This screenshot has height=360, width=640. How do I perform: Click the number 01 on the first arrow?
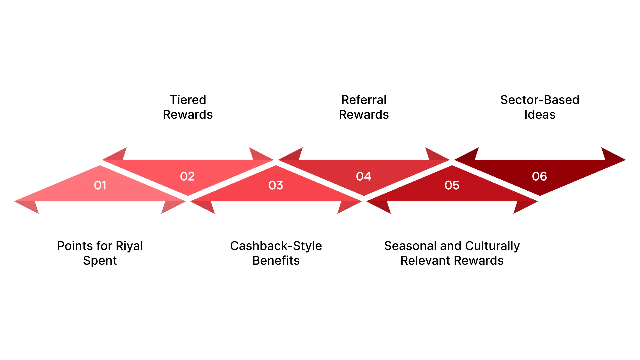pos(100,185)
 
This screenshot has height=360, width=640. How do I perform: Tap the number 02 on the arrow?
pos(187,176)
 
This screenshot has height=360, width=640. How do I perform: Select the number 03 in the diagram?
pos(276,185)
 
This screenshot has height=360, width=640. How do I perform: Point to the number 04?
pos(363,176)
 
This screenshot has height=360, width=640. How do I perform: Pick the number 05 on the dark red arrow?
pos(452,185)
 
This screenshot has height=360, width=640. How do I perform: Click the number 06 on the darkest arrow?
pos(539,176)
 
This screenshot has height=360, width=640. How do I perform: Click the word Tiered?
pos(188,100)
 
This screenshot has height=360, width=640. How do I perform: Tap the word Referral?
pos(364,100)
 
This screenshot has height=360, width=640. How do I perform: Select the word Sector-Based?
pos(540,100)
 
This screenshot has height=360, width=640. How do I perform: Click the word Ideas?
pos(540,115)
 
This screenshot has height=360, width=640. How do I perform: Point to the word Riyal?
pos(129,246)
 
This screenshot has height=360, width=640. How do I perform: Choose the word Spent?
pos(100,261)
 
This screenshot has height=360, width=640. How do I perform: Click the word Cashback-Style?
pos(276,246)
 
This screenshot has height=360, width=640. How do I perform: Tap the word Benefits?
pos(276,261)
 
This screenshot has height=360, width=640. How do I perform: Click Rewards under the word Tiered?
pos(188,115)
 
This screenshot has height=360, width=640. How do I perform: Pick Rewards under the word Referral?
pos(364,115)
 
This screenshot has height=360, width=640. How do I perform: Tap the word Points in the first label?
pos(75,246)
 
